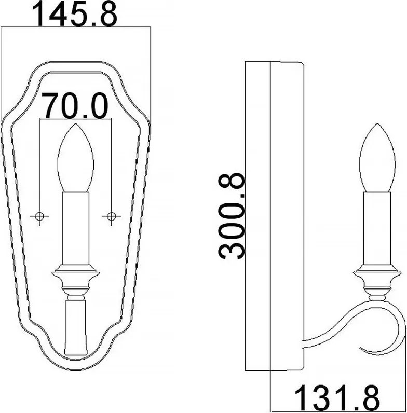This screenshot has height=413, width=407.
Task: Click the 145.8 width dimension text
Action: [x=75, y=14]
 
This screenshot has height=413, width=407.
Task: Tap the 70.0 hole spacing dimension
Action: [x=75, y=105]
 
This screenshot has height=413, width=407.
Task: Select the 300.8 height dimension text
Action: [x=231, y=216]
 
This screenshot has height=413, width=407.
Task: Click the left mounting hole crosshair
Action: [x=39, y=216]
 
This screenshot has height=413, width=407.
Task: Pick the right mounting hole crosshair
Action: [x=111, y=216]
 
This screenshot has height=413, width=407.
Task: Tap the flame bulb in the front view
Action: [x=76, y=158]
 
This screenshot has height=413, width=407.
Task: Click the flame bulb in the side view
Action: [x=377, y=158]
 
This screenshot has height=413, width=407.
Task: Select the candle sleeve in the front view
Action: [x=76, y=228]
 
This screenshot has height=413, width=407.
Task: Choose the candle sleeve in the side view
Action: [x=377, y=228]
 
